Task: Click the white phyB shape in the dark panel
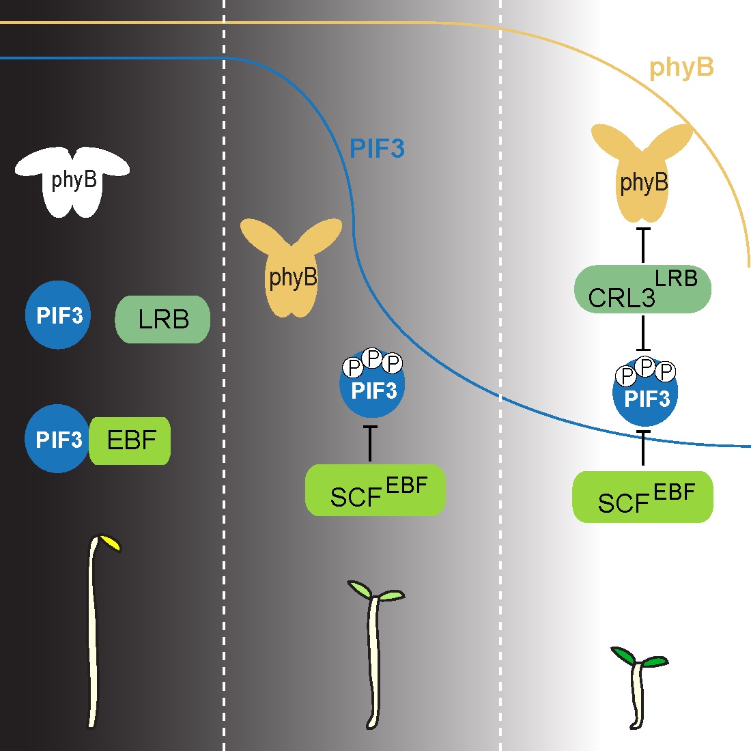tap(73, 181)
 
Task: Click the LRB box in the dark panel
tap(162, 319)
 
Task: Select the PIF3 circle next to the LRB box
tap(59, 315)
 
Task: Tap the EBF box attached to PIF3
tap(130, 440)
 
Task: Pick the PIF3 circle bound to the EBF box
tap(57, 439)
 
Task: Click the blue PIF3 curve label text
tap(377, 149)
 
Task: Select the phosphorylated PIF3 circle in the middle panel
tap(373, 389)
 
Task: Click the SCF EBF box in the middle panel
tap(375, 491)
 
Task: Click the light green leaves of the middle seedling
tap(375, 592)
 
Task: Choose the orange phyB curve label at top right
tap(681, 68)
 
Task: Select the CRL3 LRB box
tap(642, 289)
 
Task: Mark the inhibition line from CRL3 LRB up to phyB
tap(642, 246)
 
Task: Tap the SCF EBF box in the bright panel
tap(642, 497)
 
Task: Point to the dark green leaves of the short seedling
tap(640, 657)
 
